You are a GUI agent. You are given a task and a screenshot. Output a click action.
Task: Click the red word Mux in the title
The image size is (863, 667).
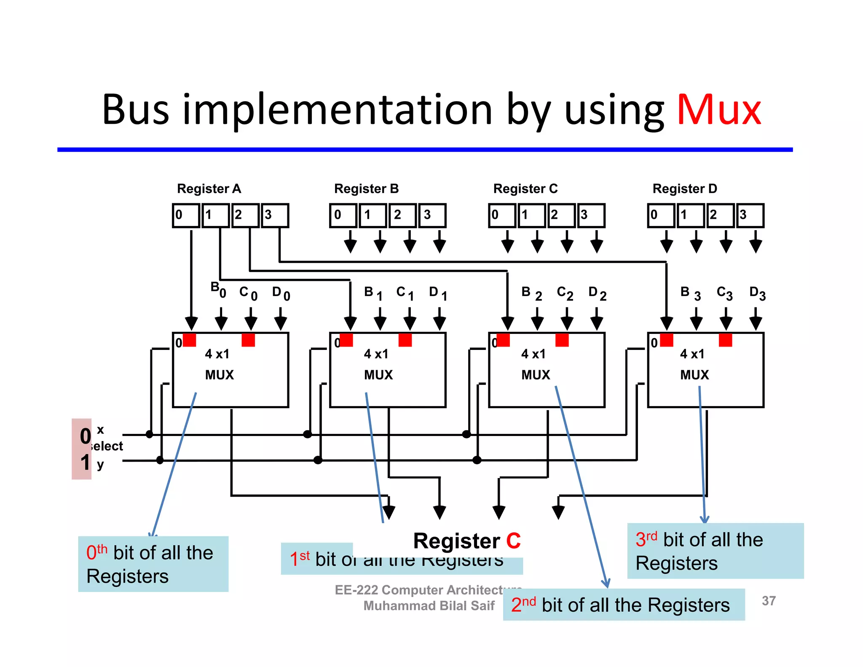719,110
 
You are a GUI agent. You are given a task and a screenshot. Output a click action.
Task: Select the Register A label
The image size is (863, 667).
209,188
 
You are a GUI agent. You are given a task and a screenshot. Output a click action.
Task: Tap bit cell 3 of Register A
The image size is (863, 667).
275,215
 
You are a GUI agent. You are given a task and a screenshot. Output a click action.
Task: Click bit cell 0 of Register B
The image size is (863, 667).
343,215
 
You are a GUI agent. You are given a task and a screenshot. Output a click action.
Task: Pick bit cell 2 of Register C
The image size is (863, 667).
561,215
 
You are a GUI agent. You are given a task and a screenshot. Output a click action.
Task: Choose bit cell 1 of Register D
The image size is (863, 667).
691,215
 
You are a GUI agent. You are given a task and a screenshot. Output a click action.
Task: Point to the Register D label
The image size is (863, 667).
684,188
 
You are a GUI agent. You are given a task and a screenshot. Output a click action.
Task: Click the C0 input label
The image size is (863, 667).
248,293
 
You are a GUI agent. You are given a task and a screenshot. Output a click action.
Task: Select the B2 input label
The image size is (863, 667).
531,293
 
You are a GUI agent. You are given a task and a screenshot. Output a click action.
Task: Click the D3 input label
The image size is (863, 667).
757,293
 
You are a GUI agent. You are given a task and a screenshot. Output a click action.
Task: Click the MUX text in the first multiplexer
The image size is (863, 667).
219,375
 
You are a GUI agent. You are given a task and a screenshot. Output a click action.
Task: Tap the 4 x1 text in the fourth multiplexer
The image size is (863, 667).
692,354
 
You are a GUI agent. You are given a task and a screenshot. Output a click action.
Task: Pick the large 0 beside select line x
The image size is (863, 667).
85,436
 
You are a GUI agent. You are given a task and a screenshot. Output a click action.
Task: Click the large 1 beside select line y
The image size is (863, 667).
85,462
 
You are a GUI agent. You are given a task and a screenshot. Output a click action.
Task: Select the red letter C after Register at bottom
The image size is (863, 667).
513,541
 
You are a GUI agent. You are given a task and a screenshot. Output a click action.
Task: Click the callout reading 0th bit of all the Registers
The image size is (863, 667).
153,564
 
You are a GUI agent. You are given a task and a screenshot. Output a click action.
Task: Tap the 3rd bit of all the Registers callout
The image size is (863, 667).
715,551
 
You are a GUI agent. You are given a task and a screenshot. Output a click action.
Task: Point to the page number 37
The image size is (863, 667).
769,601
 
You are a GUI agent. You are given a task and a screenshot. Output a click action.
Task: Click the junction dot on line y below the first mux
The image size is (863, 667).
160,460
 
